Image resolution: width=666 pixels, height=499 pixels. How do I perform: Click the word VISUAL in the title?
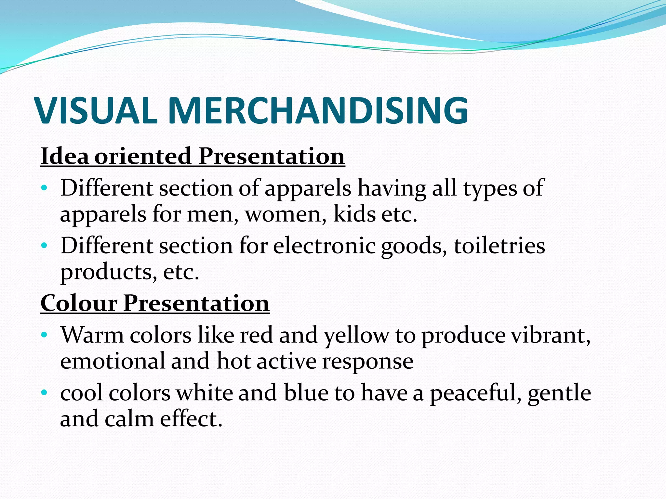click(x=96, y=110)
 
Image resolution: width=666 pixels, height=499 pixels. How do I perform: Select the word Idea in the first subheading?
click(x=65, y=156)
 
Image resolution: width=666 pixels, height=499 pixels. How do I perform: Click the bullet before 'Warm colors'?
click(x=45, y=334)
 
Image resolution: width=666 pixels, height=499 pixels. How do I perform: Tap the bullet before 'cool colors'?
click(x=45, y=392)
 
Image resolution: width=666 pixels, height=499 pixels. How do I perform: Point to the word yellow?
click(x=356, y=335)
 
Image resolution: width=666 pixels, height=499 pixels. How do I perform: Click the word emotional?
click(x=113, y=361)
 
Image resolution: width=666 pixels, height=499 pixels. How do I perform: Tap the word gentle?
click(x=559, y=393)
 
